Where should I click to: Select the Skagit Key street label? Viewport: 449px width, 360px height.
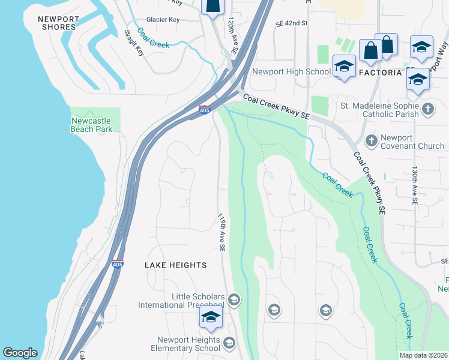point(133,43)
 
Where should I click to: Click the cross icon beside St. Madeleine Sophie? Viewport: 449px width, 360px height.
point(427,109)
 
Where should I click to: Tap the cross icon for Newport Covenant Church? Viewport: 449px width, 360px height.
point(371,141)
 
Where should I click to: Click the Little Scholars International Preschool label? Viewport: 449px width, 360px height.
point(181,301)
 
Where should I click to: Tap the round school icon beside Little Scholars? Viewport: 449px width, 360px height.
point(234,299)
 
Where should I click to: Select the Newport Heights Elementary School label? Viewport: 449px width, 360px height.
point(188,344)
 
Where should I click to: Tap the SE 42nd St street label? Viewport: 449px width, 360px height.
point(292,23)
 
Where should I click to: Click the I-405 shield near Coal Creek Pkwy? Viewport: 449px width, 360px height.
point(204,110)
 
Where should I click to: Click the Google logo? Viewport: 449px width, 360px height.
point(20,353)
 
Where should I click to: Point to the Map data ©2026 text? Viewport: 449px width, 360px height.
point(423,355)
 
